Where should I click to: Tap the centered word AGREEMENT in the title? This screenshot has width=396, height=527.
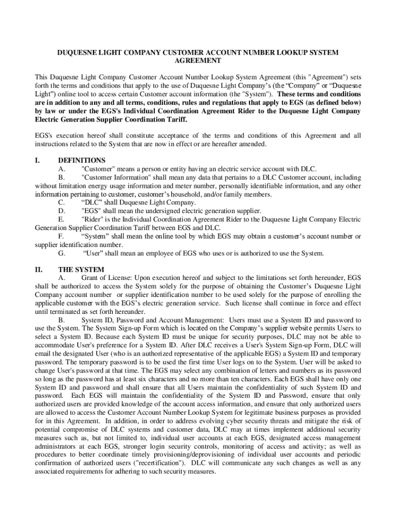pos(198,60)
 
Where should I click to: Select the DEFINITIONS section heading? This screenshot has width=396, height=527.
pos(82,160)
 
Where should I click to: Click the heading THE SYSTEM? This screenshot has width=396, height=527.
pos(81,269)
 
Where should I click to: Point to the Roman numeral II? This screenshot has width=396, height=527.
pos(39,269)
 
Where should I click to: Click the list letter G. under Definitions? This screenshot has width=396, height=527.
pos(62,253)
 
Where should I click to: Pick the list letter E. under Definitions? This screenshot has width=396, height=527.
pos(62,219)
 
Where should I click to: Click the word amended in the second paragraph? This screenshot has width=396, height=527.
pos(251,144)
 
